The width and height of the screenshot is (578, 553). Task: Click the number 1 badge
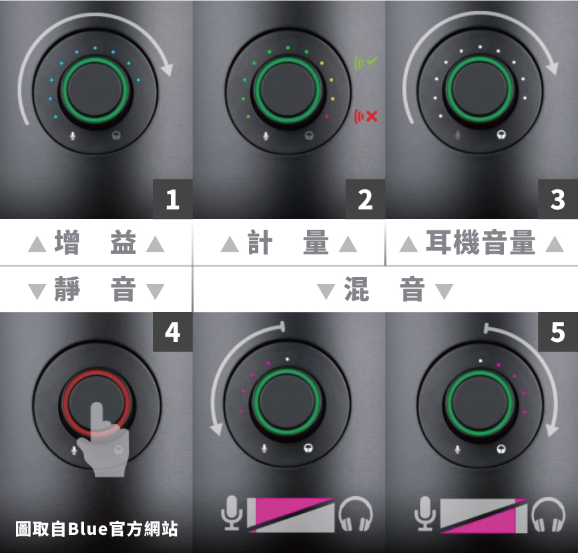pyautogui.click(x=172, y=199)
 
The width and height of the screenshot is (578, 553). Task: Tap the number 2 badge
pyautogui.click(x=365, y=199)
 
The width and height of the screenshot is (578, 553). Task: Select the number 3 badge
pyautogui.click(x=558, y=199)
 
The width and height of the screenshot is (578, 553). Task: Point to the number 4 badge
pyautogui.click(x=172, y=332)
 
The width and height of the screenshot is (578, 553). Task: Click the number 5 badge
pyautogui.click(x=558, y=332)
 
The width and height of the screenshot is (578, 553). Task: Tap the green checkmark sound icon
pyautogui.click(x=366, y=63)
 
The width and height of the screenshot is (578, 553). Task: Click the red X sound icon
pyautogui.click(x=366, y=117)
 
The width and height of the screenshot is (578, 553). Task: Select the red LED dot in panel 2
pyautogui.click(x=326, y=117)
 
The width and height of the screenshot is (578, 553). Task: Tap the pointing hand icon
pyautogui.click(x=103, y=441)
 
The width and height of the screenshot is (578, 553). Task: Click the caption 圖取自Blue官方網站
pyautogui.click(x=97, y=529)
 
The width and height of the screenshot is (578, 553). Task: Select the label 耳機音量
pyautogui.click(x=481, y=242)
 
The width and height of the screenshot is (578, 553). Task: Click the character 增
pyautogui.click(x=67, y=242)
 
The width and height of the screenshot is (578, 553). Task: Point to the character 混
pyautogui.click(x=356, y=289)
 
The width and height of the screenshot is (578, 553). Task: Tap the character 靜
pyautogui.click(x=67, y=289)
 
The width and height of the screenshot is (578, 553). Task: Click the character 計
pyautogui.click(x=260, y=242)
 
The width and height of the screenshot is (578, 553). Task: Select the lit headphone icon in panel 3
pyautogui.click(x=501, y=135)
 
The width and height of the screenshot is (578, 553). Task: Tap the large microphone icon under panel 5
pyautogui.click(x=424, y=514)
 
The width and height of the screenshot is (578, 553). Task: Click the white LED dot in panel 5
pyautogui.click(x=480, y=361)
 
